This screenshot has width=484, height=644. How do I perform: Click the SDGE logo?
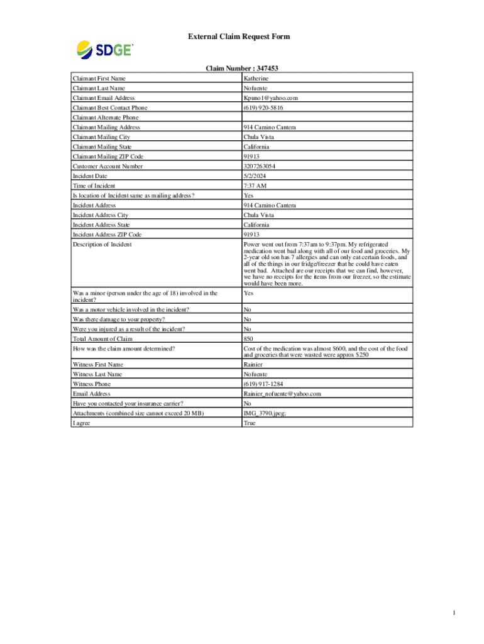coord(104,48)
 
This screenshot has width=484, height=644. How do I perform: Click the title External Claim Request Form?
coord(239,36)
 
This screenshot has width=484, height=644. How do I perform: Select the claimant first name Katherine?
coord(256,79)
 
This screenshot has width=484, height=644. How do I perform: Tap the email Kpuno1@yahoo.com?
coord(270,98)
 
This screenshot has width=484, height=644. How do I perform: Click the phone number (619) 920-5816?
coord(265,108)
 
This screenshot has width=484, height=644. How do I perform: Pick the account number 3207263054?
coord(259,166)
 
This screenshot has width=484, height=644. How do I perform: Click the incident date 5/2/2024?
coord(255,176)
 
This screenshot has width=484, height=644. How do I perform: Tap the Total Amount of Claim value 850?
coord(248,339)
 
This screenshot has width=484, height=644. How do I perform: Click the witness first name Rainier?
coord(253,365)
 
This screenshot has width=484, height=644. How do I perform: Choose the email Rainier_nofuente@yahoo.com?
coord(282,394)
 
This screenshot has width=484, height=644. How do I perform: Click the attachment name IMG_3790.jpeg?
coord(267,413)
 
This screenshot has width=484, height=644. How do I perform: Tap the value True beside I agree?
coord(250,423)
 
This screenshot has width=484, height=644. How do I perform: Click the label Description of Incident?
coord(102,244)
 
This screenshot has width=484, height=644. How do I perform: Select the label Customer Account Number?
coord(107,166)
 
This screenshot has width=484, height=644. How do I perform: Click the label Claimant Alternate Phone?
coord(106,118)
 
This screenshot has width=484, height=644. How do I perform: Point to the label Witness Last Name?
coord(99,374)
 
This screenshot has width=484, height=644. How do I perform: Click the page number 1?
coord(460,613)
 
